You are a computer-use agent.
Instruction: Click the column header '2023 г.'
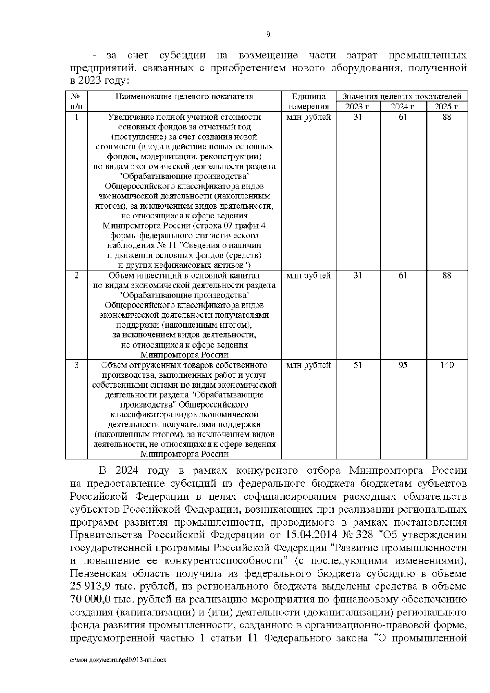358,107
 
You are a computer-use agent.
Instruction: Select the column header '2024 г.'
403,107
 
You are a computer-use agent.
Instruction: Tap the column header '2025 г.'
447,107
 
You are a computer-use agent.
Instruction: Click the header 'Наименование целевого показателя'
184,97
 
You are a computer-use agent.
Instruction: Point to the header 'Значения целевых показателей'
402,97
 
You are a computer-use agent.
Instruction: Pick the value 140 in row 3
447,365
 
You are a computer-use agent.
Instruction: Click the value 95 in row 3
403,365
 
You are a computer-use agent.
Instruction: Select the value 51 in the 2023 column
358,365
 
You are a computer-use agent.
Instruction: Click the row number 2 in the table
76,276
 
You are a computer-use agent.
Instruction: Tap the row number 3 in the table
76,365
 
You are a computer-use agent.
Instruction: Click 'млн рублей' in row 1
308,117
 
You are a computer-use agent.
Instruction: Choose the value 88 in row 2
447,276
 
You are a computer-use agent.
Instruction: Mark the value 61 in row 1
403,117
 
